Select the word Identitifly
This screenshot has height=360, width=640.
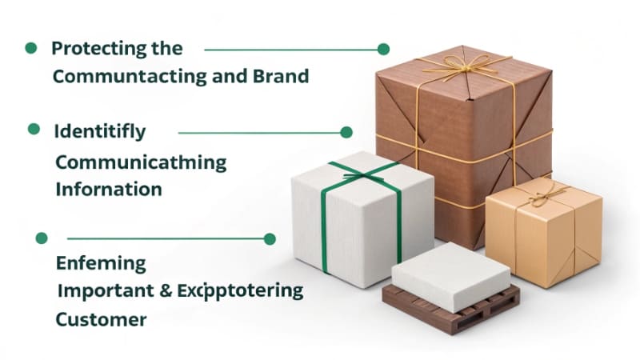pyautogui.click(x=100, y=131)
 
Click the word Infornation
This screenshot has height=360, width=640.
pyautogui.click(x=109, y=190)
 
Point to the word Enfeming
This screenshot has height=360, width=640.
pyautogui.click(x=101, y=263)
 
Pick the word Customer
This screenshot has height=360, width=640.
pyautogui.click(x=102, y=320)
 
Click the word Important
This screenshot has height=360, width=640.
pyautogui.click(x=106, y=291)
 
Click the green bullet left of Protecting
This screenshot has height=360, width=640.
pyautogui.click(x=31, y=48)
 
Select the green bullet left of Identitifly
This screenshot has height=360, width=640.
pyautogui.click(x=34, y=129)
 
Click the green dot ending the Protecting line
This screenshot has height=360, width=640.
pyautogui.click(x=383, y=49)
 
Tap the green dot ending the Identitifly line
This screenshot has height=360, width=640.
pyautogui.click(x=346, y=132)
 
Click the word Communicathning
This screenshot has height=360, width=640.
pyautogui.click(x=141, y=162)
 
